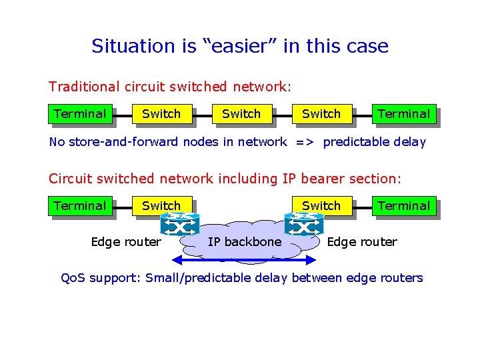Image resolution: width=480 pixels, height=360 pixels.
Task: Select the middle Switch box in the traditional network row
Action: coord(241,114)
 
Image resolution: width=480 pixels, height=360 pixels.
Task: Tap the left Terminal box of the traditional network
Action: coord(79,114)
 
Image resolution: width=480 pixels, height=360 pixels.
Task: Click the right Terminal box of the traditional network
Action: coord(403,114)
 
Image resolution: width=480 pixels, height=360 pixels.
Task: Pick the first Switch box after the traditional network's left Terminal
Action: coord(161,114)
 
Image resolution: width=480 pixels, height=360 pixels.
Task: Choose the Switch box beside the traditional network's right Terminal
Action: coord(321,114)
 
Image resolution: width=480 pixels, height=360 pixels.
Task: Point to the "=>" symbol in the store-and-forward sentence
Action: coord(305,142)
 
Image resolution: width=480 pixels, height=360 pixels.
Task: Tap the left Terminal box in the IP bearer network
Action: coord(79,206)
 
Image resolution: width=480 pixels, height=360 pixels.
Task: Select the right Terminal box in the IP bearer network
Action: coord(403,206)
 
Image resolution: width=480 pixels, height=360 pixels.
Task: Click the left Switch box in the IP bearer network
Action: coord(161,205)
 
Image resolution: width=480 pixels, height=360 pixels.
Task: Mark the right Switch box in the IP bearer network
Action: coord(321,205)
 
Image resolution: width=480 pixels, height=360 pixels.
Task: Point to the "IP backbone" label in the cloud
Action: coord(245,242)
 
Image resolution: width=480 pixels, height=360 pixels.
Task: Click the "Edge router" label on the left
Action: coord(126,242)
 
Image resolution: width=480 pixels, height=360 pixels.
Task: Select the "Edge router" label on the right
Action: coord(362,242)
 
